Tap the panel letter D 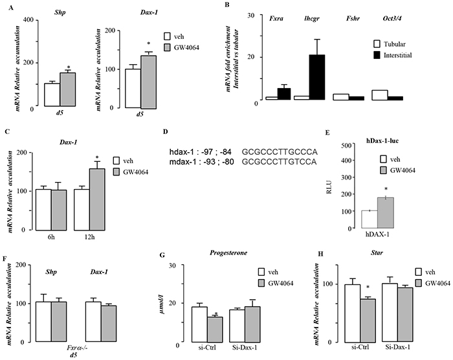(x=166, y=131)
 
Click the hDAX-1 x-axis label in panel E (x=368, y=238)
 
